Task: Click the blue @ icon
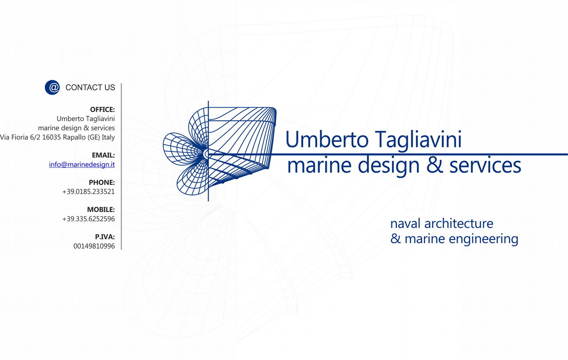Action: (52, 87)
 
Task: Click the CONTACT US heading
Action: (90, 87)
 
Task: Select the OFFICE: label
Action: (103, 110)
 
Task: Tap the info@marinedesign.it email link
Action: (82, 165)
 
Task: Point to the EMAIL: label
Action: (103, 155)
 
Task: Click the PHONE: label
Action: (102, 182)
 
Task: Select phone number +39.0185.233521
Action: (88, 192)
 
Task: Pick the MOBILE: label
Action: (101, 210)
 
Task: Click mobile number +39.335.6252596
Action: (88, 219)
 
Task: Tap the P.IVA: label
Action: (105, 237)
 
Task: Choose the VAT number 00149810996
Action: (94, 246)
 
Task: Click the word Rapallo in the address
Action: (74, 138)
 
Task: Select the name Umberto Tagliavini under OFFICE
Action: (86, 119)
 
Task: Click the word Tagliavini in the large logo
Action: (418, 139)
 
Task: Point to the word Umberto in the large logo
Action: (327, 139)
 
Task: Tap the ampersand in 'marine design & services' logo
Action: (434, 165)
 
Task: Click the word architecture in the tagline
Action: (459, 224)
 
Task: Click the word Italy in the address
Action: (108, 138)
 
